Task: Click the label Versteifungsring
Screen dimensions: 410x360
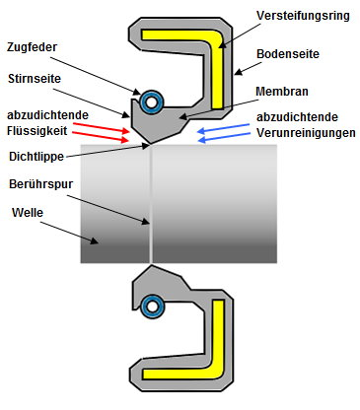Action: [301, 17]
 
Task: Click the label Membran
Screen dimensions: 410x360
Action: [279, 92]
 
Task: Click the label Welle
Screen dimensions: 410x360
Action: [27, 212]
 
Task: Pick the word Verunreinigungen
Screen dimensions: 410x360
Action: [306, 132]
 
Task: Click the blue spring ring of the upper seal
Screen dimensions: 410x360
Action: [151, 101]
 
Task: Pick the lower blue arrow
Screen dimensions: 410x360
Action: [215, 139]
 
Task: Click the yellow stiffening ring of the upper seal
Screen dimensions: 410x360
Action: [209, 59]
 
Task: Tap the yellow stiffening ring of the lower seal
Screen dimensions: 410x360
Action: [209, 350]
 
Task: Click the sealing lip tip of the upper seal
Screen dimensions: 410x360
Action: [148, 144]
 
